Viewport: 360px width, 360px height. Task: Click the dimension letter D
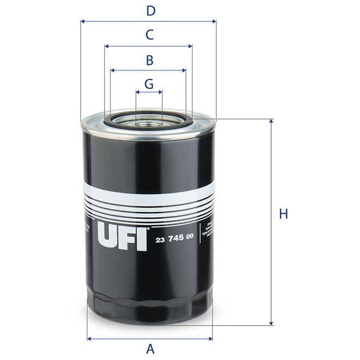151,10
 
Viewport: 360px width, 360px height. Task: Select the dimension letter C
149,35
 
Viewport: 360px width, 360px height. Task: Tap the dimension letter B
149,60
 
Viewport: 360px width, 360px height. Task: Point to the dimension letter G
149,83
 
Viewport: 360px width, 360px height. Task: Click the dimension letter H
283,214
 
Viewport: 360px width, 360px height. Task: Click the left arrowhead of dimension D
83,22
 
